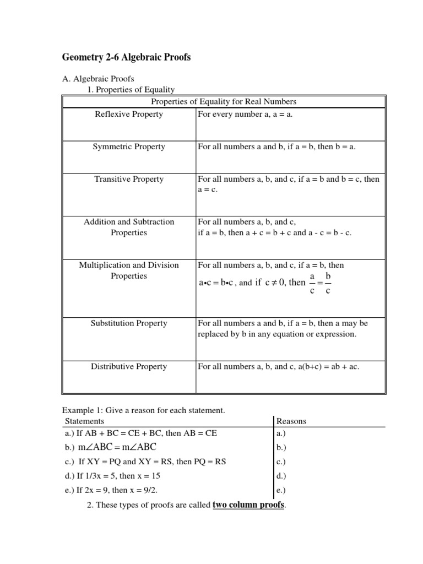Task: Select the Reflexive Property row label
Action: click(x=129, y=114)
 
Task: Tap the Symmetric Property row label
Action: click(x=129, y=147)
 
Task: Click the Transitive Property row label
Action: click(x=129, y=179)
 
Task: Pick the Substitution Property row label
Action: click(x=129, y=323)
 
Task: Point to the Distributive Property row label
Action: click(x=129, y=366)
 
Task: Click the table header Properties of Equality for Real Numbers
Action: click(x=223, y=101)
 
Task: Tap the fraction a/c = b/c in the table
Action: click(x=320, y=283)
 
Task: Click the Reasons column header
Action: click(x=291, y=421)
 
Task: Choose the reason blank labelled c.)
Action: click(x=281, y=462)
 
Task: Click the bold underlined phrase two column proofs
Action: click(x=248, y=505)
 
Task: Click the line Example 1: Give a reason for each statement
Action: click(x=144, y=410)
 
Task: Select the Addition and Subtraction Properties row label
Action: click(x=129, y=227)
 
